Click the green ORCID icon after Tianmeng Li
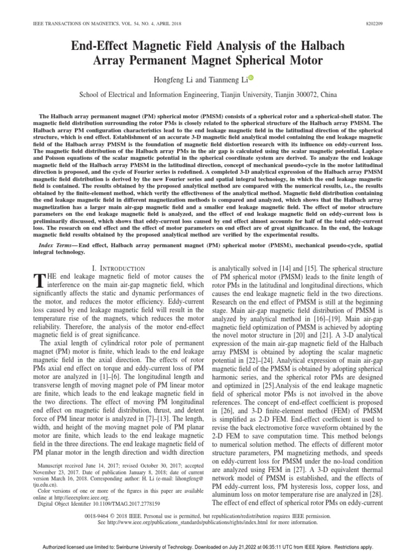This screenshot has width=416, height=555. point(251,78)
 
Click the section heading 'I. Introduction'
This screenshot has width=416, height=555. point(118,268)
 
